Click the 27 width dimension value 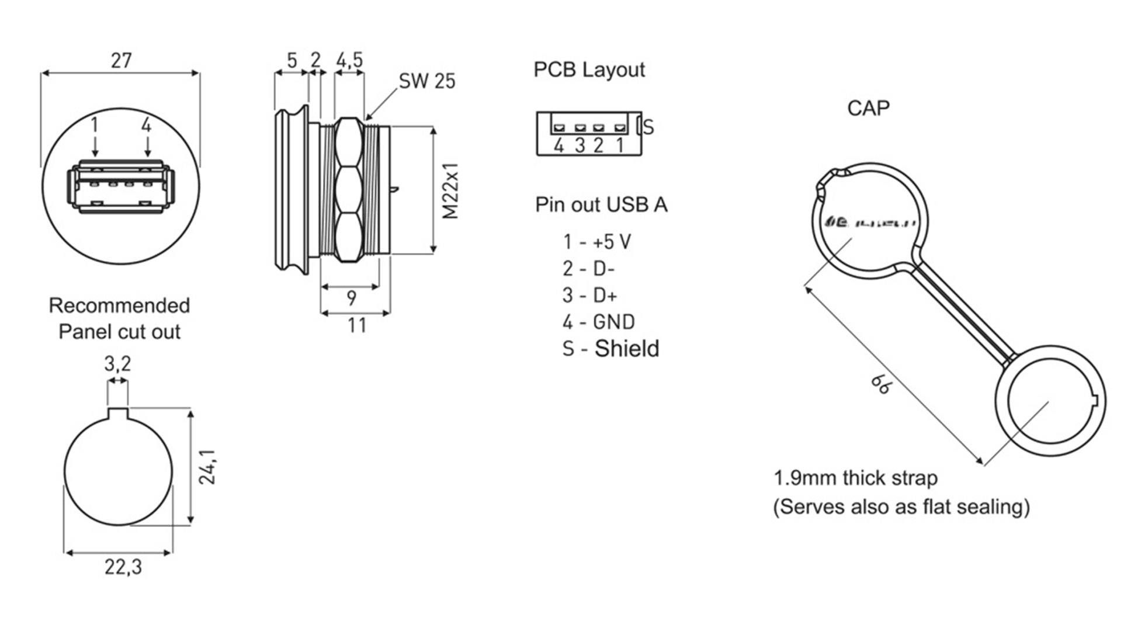click(x=121, y=60)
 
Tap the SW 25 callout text click(x=426, y=81)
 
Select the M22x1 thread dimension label click(x=450, y=191)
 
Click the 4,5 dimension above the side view click(x=349, y=60)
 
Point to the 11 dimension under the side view click(x=357, y=325)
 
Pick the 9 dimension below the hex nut click(x=351, y=298)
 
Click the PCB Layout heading click(x=589, y=70)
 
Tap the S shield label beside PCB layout click(x=648, y=127)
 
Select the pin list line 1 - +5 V click(x=596, y=241)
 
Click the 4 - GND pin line click(x=598, y=322)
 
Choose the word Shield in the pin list click(x=626, y=349)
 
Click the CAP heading click(x=868, y=108)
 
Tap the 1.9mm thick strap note click(x=855, y=478)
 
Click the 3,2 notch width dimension click(x=117, y=364)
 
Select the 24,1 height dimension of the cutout click(x=207, y=467)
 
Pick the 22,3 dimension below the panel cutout click(x=123, y=567)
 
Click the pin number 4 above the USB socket click(x=146, y=125)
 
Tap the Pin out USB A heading click(x=601, y=205)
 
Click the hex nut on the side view click(x=349, y=190)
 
